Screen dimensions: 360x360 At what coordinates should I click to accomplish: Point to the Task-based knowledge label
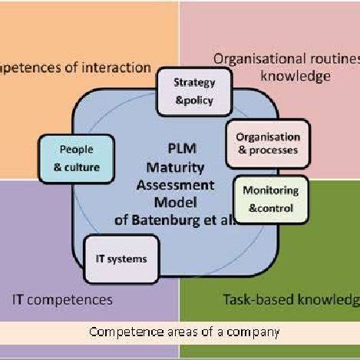tap(291, 299)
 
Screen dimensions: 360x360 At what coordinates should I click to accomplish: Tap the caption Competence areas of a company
tap(184, 332)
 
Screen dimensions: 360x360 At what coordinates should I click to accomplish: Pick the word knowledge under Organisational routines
tap(295, 76)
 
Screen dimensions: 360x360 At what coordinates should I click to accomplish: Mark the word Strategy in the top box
tap(194, 82)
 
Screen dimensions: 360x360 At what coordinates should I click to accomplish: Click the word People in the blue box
tap(76, 150)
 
